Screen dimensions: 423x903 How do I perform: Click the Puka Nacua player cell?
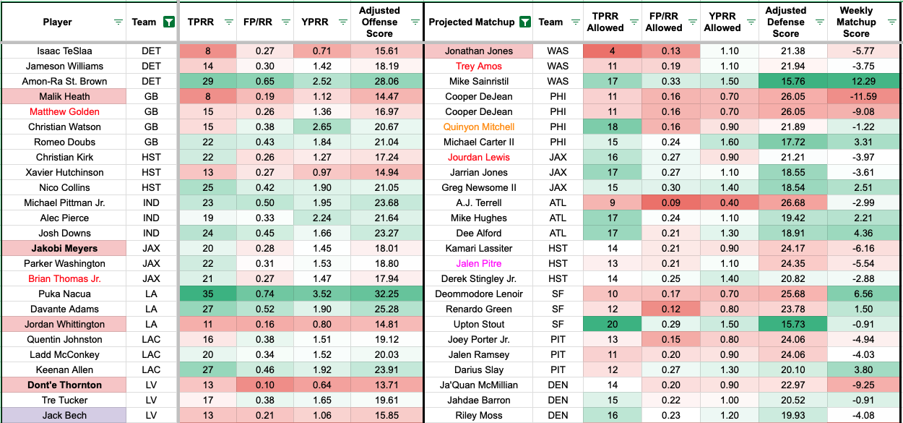pos(64,294)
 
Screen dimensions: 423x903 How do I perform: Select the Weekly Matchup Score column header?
pos(856,22)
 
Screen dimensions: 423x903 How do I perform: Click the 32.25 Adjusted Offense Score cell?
pos(379,294)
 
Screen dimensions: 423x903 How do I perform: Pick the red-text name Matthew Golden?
pos(64,111)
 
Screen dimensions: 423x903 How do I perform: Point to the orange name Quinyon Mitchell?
pos(479,127)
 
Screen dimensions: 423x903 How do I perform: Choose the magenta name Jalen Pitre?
pos(479,264)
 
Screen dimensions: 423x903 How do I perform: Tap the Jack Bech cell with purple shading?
pos(64,416)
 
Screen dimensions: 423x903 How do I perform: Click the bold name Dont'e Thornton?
pos(64,385)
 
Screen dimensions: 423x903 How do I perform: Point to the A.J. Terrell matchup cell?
pos(479,203)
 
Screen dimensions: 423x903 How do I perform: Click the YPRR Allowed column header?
pos(722,22)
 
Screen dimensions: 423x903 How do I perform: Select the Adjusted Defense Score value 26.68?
pos(786,203)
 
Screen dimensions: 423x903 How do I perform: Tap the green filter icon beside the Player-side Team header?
pos(168,22)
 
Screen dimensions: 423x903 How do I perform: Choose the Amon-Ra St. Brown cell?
pos(64,81)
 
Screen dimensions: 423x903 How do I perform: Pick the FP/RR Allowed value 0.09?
pos(664,203)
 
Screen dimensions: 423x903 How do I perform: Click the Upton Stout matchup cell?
pos(479,325)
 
